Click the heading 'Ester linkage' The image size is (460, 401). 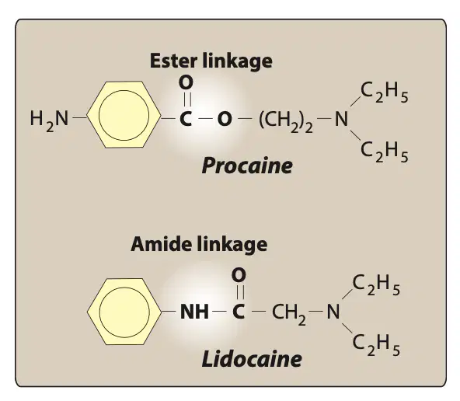point(211,61)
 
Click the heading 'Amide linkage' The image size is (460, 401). point(199,244)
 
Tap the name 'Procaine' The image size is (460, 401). point(247,166)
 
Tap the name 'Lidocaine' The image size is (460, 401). point(252,359)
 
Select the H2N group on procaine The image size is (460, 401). point(49,120)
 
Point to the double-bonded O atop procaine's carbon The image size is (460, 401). point(186,82)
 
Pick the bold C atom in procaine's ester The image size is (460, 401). point(186,119)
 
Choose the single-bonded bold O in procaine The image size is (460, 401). point(225,119)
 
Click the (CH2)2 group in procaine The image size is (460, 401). point(285,121)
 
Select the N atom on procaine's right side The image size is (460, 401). point(341,119)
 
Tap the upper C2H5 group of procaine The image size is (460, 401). point(385,92)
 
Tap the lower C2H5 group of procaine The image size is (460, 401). point(385,152)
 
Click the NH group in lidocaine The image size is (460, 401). point(194,312)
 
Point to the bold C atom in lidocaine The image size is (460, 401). point(239,312)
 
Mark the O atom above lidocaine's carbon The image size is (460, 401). point(239,275)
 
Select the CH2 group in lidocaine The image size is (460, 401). point(289,314)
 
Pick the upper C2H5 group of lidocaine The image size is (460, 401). point(376,285)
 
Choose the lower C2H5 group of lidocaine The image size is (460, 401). point(376,345)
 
